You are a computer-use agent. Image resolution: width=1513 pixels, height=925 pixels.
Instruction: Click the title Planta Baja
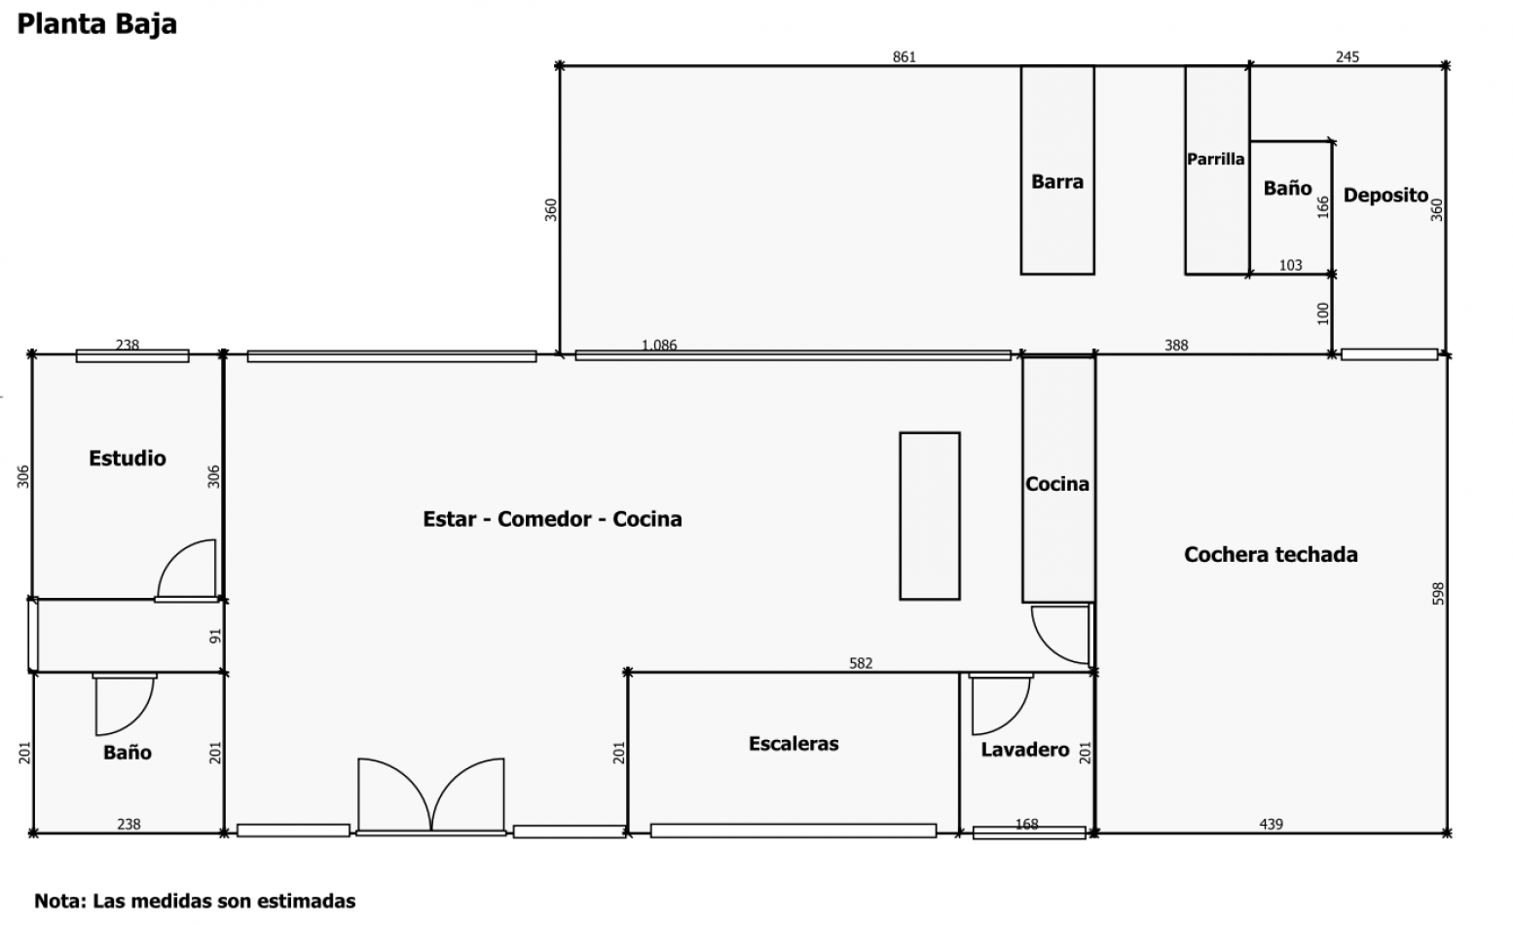click(96, 24)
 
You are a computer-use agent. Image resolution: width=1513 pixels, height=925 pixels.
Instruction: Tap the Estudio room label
click(127, 458)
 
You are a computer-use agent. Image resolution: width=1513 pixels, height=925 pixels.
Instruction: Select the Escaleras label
click(793, 743)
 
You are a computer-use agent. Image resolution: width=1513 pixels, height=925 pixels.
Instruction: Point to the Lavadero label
click(1025, 750)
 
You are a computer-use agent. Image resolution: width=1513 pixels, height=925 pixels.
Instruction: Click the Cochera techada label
click(1271, 554)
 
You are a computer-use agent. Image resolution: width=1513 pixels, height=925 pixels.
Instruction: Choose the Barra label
click(1057, 181)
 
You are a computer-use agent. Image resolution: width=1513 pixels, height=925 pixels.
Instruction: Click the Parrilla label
click(1216, 159)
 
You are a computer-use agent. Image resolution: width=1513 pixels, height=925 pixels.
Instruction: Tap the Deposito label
click(1386, 196)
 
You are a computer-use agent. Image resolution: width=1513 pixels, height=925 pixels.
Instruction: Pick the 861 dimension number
click(904, 56)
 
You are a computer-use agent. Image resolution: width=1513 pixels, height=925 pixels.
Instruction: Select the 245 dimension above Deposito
click(1347, 56)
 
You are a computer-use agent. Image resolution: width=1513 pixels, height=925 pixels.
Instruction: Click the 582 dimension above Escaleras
click(861, 663)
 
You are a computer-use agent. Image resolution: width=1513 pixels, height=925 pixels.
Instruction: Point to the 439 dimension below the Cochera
click(1271, 824)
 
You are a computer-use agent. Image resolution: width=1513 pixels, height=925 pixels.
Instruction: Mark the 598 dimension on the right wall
click(1438, 594)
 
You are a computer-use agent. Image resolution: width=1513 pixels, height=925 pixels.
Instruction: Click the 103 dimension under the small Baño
click(1290, 265)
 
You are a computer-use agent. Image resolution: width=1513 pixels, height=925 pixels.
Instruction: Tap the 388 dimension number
click(1176, 346)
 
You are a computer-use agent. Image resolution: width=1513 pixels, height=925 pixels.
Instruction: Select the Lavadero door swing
click(1014, 718)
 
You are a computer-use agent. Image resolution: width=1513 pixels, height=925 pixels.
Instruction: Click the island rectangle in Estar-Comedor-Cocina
click(930, 516)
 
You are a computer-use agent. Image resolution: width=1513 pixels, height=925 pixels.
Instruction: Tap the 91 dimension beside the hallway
click(215, 636)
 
